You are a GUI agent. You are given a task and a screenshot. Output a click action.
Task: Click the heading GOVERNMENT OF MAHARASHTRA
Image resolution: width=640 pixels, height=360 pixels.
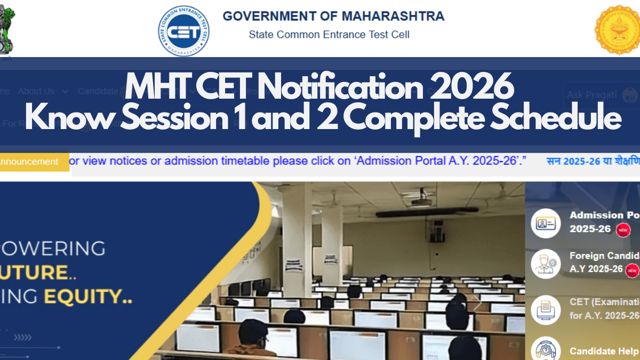click(x=333, y=16)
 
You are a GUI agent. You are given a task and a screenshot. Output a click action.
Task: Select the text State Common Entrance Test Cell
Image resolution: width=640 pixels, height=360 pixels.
click(x=329, y=35)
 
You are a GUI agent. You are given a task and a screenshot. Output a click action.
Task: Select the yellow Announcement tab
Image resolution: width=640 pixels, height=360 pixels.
click(x=31, y=162)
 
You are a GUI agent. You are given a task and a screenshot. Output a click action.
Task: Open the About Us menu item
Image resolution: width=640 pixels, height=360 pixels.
click(x=37, y=91)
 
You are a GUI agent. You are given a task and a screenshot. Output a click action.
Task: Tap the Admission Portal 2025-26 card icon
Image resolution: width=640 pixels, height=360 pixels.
click(x=546, y=223)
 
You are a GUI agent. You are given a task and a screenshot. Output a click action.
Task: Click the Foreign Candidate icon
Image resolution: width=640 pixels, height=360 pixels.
click(x=546, y=263)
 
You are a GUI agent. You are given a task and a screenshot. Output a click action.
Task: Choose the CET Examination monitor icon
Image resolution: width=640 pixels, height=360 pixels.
click(x=546, y=308)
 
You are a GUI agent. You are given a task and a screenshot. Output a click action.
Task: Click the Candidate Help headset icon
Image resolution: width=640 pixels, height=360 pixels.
click(x=546, y=349)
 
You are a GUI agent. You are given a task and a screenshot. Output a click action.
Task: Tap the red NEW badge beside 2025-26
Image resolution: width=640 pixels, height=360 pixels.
click(x=623, y=230)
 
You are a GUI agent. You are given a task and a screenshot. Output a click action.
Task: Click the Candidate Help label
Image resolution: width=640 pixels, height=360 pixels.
click(x=604, y=351)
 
